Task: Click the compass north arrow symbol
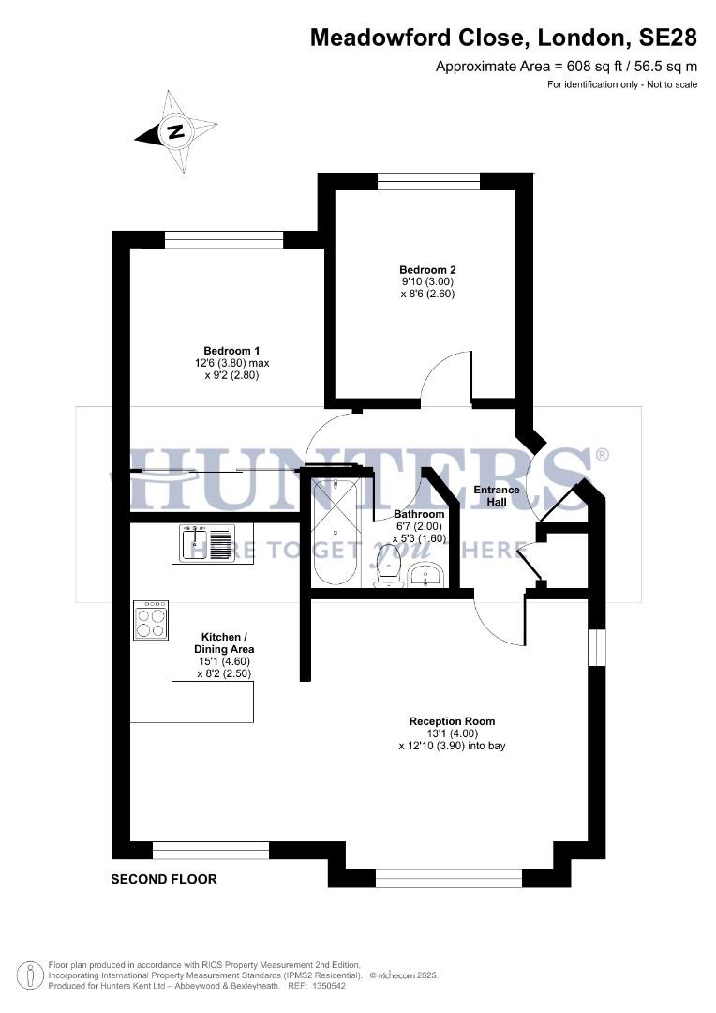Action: click(175, 131)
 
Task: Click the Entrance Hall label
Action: click(496, 495)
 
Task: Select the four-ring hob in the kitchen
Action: click(151, 619)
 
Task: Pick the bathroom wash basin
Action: click(426, 574)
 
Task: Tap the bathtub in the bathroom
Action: click(334, 532)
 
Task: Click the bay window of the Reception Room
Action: click(448, 878)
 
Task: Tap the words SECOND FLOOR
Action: click(164, 879)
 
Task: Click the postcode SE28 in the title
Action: click(668, 38)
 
